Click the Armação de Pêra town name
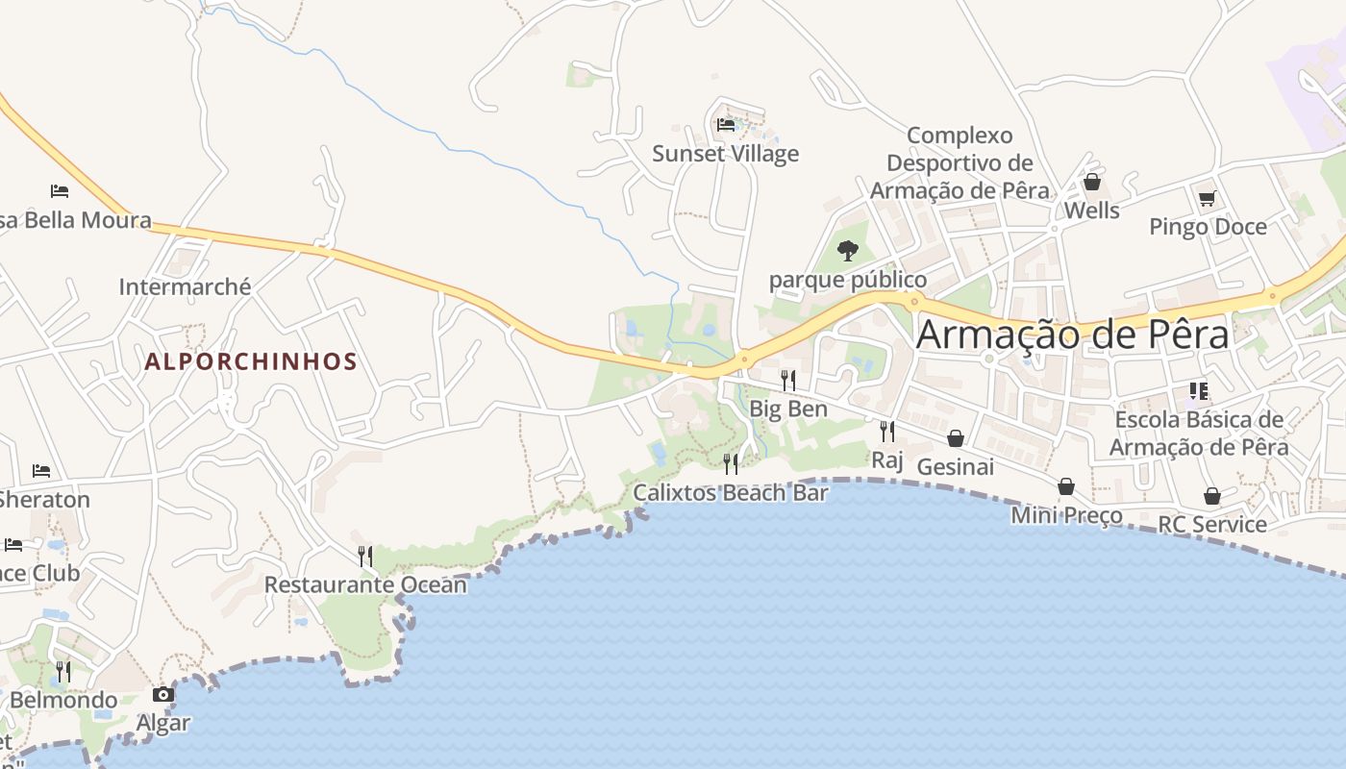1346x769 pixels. [1072, 335]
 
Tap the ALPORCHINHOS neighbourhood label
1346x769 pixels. [251, 362]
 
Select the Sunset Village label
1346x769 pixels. [726, 154]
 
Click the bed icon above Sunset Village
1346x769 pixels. [726, 125]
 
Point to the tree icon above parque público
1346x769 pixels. [847, 251]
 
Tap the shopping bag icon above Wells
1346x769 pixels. [1092, 182]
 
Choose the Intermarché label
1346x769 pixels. [185, 286]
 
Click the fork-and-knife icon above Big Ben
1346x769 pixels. [788, 380]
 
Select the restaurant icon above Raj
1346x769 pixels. [887, 431]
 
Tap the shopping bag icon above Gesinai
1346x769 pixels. [956, 438]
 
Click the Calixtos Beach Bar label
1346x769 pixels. [731, 493]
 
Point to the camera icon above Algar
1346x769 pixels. [163, 694]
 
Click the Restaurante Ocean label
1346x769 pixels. [365, 584]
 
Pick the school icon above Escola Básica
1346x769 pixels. [1198, 390]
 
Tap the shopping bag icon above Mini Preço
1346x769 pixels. [1066, 486]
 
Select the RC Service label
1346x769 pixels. [1212, 525]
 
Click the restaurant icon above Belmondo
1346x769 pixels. [63, 671]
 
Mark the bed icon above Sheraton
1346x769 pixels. [41, 471]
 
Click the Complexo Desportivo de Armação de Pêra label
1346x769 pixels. [960, 162]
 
